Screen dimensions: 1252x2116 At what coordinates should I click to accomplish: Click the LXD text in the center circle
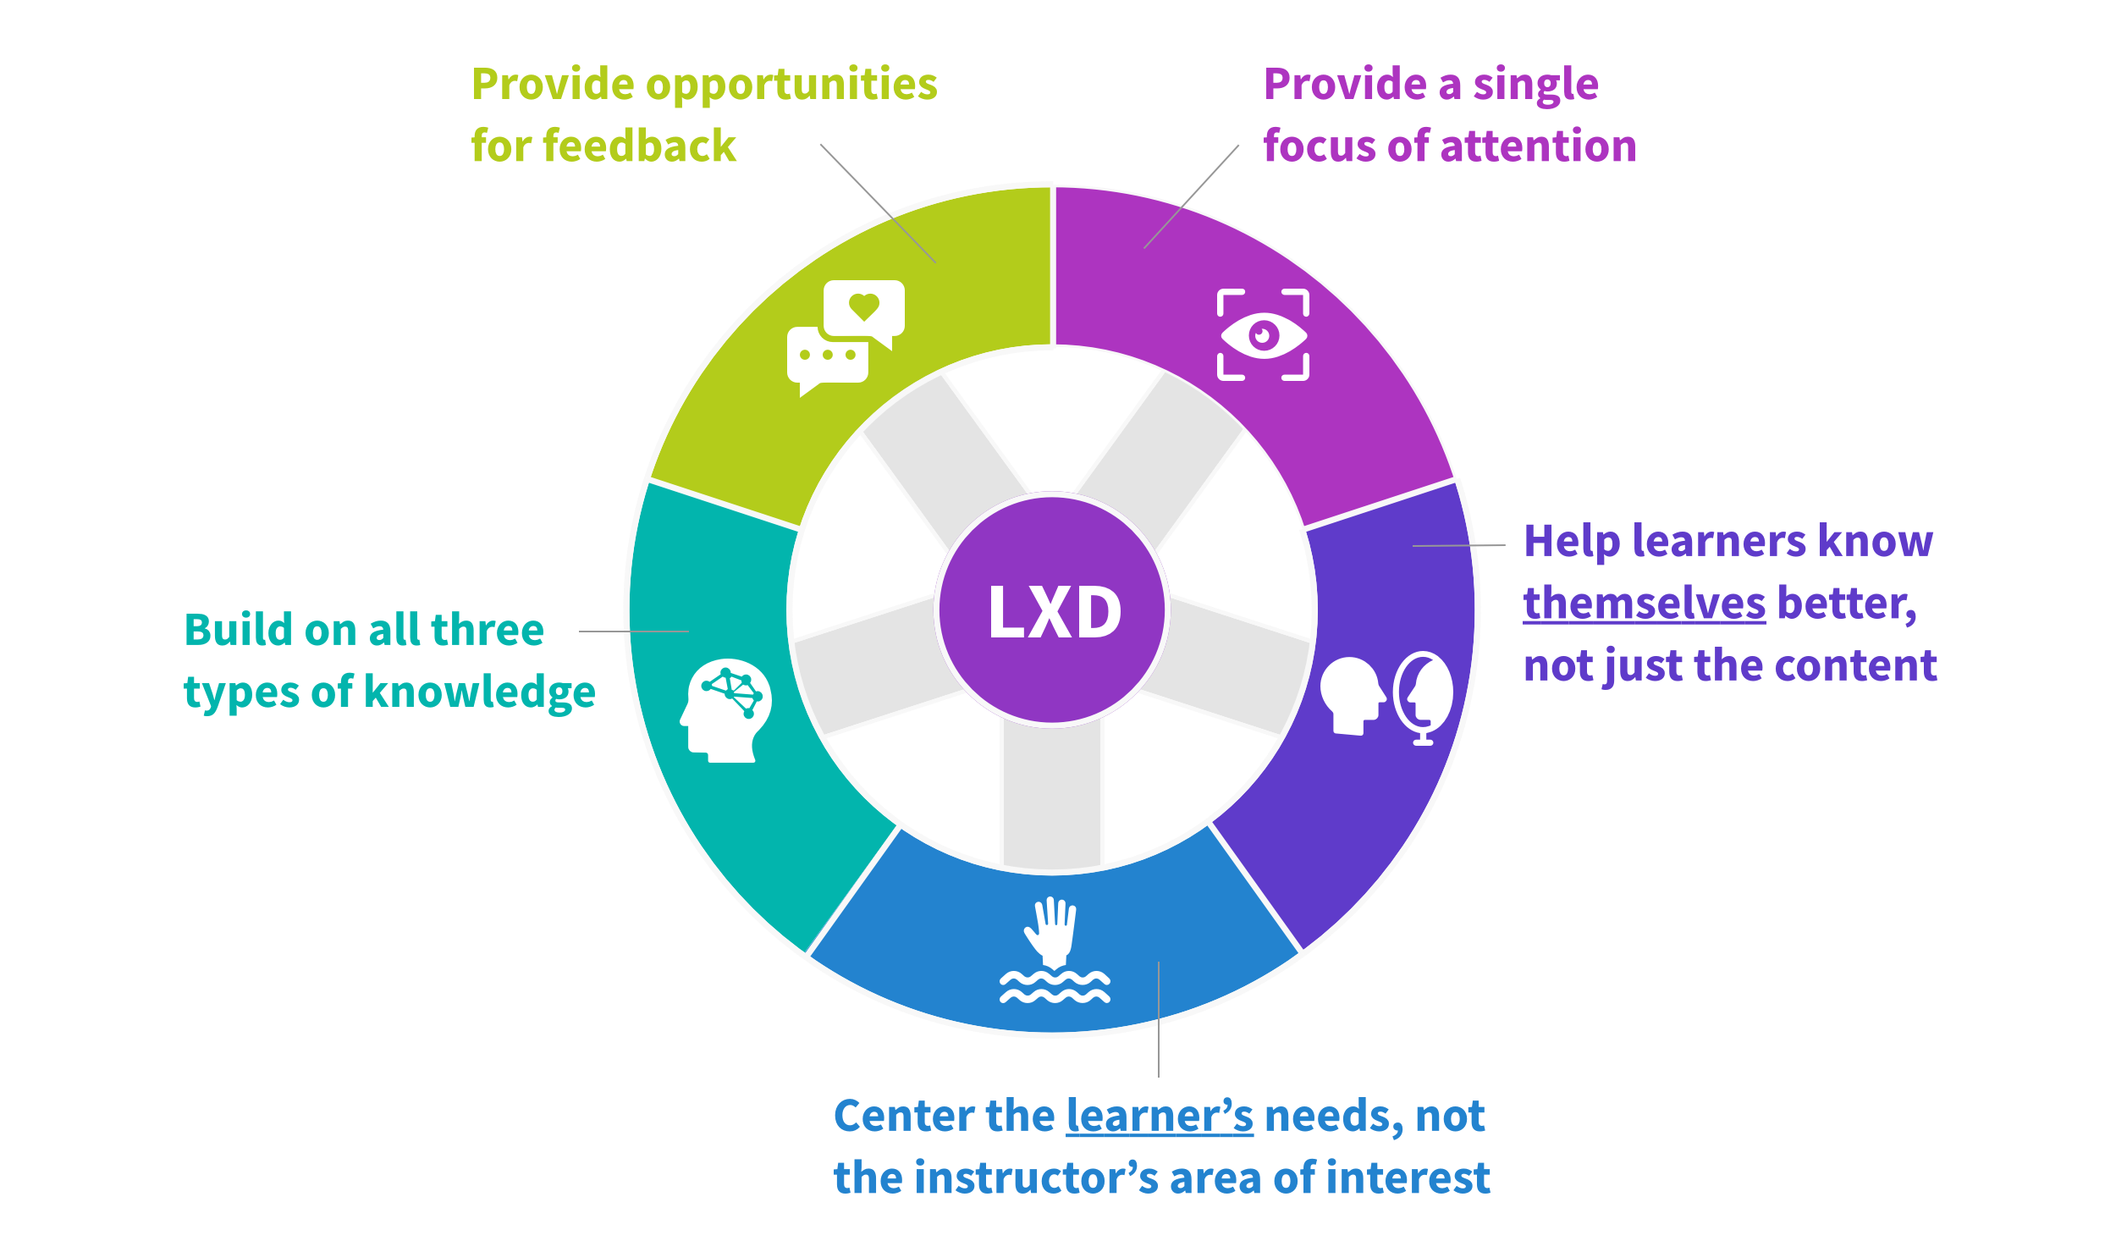coord(1054,611)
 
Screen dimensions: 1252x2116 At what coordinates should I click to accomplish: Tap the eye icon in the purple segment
coord(1263,335)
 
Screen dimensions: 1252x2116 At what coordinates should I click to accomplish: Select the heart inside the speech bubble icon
coord(864,306)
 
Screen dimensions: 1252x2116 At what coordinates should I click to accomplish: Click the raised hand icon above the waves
coord(1051,931)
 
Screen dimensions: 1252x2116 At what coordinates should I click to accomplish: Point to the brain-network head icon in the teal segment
coord(726,709)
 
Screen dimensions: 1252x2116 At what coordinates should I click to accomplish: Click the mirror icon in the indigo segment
coord(1424,696)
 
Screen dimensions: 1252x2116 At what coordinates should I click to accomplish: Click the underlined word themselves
coord(1644,604)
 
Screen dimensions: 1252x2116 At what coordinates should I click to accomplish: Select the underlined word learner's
coord(1159,1116)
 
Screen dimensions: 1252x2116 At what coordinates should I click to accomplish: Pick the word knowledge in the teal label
coord(480,692)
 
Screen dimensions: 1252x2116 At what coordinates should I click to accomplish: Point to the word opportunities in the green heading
coord(791,85)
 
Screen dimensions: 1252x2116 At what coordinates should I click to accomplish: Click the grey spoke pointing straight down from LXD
coord(1051,791)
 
